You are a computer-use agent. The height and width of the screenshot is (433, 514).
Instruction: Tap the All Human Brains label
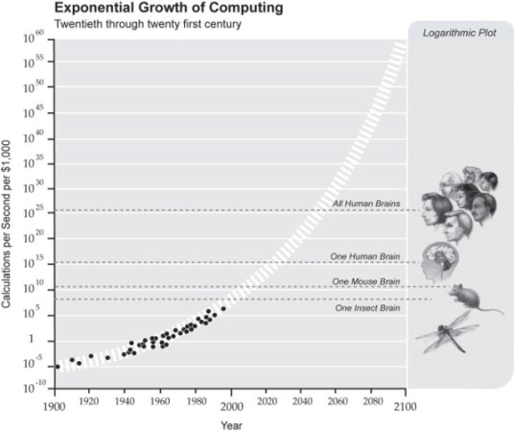pos(364,204)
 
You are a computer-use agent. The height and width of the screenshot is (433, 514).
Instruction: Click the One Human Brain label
pos(364,255)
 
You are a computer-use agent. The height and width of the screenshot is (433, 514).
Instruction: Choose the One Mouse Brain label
pos(365,281)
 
